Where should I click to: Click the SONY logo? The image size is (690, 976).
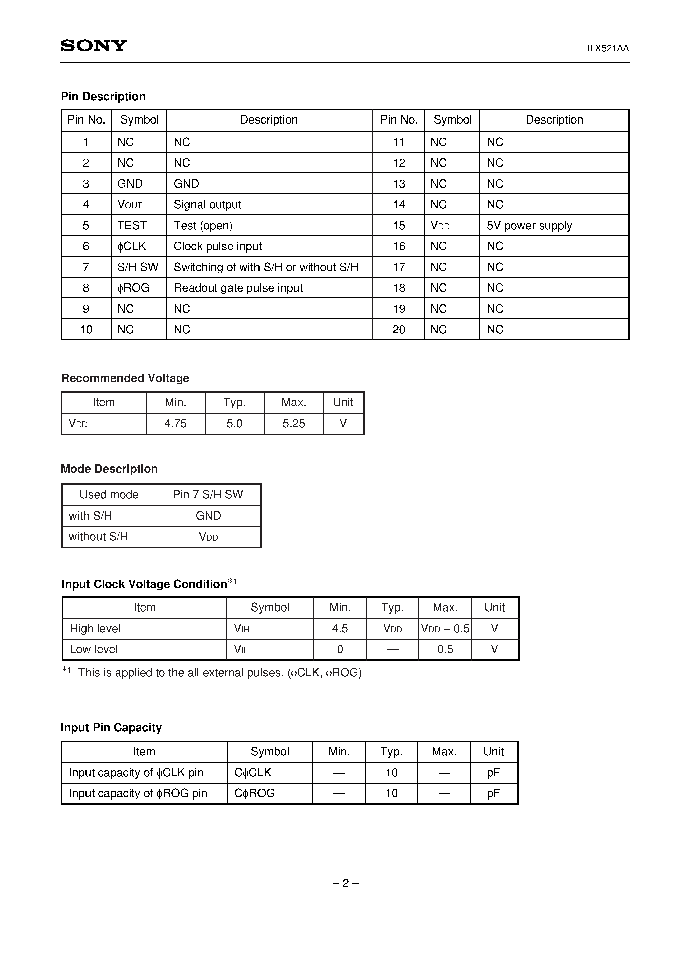point(94,45)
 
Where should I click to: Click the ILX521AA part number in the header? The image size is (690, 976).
point(608,48)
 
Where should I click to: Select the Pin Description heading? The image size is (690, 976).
point(104,96)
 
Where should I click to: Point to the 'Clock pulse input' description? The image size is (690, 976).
point(217,246)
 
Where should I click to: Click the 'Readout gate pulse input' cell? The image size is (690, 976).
point(238,288)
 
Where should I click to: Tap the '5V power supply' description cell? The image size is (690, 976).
point(529,225)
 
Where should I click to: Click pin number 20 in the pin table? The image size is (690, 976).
point(398,329)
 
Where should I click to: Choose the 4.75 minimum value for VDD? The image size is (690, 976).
point(175,423)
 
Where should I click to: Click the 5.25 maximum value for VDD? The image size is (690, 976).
point(294,423)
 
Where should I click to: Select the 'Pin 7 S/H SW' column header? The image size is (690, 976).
point(208,494)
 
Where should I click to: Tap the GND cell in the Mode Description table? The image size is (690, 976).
point(208,516)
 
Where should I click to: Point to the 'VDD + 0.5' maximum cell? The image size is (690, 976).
point(445,628)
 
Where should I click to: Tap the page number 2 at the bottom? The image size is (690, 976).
point(345,883)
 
